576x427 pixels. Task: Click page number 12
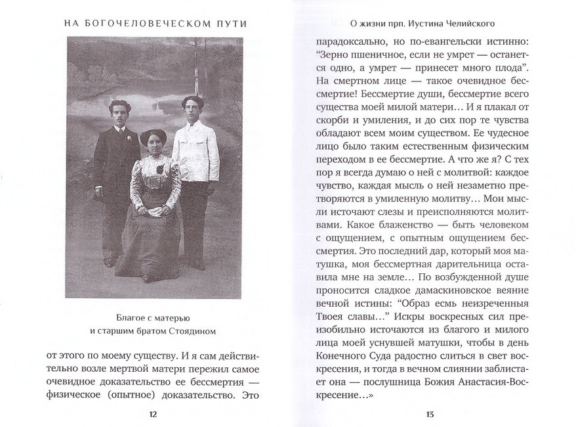click(153, 414)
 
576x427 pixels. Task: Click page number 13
click(430, 414)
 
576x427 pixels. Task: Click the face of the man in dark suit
click(119, 113)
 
